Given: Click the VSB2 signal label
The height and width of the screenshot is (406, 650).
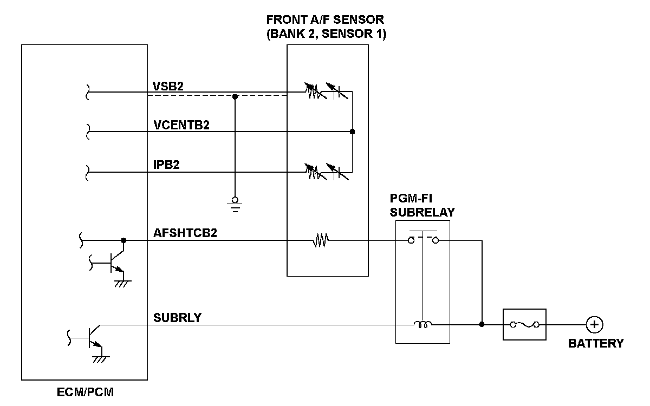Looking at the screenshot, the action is tap(168, 87).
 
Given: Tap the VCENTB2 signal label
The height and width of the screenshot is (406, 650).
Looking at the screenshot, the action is tap(181, 125).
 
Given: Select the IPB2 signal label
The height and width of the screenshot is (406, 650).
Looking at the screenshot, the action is tap(166, 165).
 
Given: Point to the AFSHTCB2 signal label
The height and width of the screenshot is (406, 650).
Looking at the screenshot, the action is tap(185, 233).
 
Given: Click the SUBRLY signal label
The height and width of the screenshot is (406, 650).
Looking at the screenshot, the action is tap(177, 318).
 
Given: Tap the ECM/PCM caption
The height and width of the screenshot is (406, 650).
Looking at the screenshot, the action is tap(86, 392).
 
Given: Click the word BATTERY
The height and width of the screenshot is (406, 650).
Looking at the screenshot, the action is tap(596, 343).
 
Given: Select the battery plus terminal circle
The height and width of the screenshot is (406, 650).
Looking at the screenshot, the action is tap(595, 324).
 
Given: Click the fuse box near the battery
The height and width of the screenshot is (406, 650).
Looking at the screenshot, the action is tap(524, 324).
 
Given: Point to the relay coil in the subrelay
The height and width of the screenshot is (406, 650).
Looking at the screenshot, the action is tap(422, 324).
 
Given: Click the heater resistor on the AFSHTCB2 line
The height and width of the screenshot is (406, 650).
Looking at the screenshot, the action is tap(321, 240).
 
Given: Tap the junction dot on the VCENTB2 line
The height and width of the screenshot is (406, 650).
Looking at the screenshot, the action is tap(352, 132).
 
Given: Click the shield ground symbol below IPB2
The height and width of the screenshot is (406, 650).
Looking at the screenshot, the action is tap(235, 205).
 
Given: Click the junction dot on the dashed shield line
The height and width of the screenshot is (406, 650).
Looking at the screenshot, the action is tap(235, 96).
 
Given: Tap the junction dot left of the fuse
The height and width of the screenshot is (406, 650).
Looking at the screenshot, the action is tap(482, 324).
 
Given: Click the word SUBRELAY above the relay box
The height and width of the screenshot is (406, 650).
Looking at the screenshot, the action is tap(422, 213).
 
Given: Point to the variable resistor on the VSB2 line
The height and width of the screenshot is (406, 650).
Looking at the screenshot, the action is tap(315, 91).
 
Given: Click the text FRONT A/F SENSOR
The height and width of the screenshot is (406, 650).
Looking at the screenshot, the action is tap(325, 19).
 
